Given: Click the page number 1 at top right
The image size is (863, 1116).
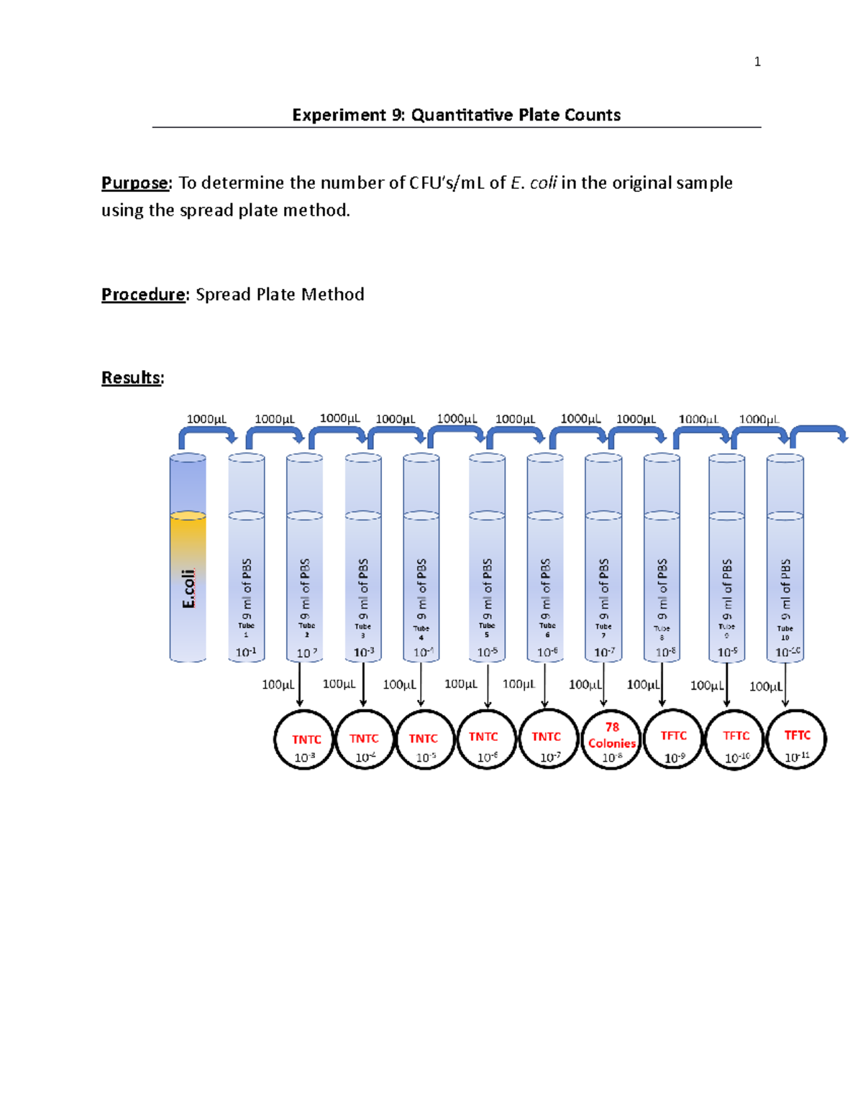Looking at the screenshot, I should (x=757, y=62).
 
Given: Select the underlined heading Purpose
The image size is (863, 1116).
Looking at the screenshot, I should (x=134, y=183).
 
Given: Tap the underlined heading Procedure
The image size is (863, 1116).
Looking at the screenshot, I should (x=143, y=295).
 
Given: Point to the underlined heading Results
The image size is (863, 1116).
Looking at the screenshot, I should (x=131, y=378).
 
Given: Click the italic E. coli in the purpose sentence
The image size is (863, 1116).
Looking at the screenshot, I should (x=533, y=183).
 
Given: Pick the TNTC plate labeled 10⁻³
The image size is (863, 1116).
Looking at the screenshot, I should (x=304, y=740).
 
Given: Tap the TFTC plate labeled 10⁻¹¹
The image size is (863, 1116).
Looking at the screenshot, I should (x=796, y=739).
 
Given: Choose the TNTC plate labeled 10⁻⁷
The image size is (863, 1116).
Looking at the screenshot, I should (x=549, y=739).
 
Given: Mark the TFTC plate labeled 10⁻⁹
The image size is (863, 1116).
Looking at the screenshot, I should (x=673, y=739).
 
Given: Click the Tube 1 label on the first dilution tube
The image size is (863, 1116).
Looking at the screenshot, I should (x=246, y=630).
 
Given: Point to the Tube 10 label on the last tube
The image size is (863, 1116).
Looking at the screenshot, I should (x=785, y=632).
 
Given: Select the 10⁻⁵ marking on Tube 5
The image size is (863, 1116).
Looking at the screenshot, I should (x=487, y=652).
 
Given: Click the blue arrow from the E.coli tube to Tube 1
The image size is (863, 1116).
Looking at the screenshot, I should (x=207, y=434).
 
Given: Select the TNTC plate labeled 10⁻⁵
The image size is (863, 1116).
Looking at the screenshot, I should (x=425, y=740).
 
